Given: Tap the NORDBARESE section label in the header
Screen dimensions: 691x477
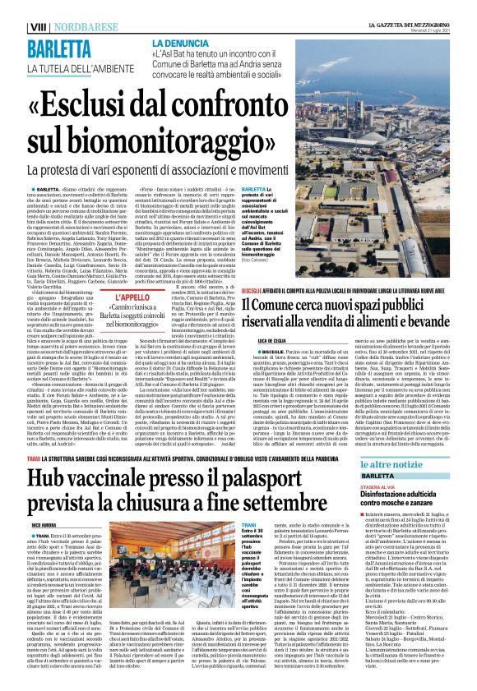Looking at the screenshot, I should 58,7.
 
